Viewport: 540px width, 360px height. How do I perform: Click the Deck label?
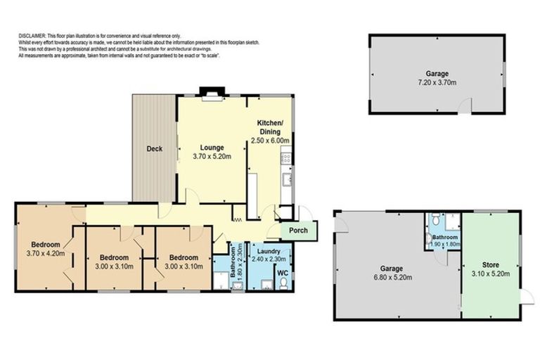155,149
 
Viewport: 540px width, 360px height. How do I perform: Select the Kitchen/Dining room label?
271,131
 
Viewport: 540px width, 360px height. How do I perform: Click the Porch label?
298,231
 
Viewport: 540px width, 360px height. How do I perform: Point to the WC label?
281,272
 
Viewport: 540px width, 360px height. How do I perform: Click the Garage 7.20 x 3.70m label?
437,77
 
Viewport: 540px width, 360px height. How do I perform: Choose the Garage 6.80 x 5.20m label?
392,273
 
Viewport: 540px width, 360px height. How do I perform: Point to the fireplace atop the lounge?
210,92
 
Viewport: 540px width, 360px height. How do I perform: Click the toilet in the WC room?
283,283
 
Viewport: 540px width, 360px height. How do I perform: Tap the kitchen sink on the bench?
288,180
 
